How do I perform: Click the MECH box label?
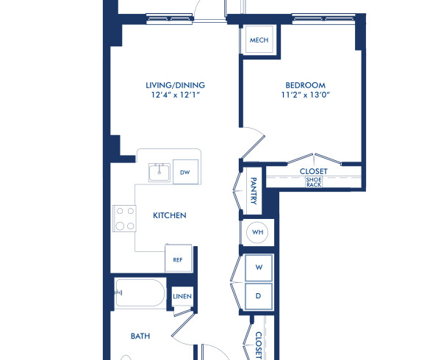click(x=258, y=40)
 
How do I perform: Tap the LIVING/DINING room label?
click(x=175, y=85)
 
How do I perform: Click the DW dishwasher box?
click(x=185, y=173)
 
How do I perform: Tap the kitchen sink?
click(x=159, y=173)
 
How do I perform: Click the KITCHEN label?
click(x=169, y=216)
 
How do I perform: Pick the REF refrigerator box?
click(x=178, y=259)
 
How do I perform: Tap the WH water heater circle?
click(x=257, y=232)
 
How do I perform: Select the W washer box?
click(x=258, y=268)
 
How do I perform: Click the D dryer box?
click(x=258, y=295)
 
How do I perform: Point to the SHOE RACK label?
click(x=314, y=181)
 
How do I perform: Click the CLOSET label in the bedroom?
click(x=314, y=171)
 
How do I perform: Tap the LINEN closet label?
click(x=182, y=297)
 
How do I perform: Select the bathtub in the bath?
click(x=140, y=294)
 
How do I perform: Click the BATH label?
click(x=140, y=336)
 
